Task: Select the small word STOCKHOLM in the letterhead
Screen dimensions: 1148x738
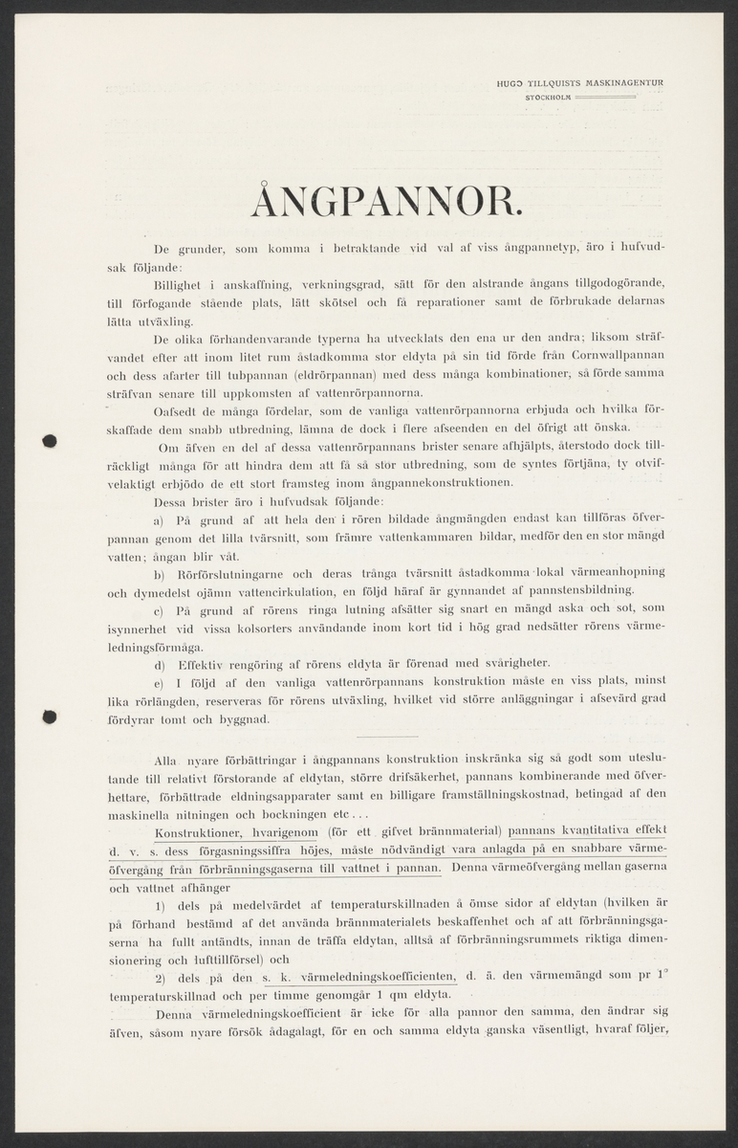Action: pos(549,97)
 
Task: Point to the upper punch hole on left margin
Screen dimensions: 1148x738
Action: pos(51,441)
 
